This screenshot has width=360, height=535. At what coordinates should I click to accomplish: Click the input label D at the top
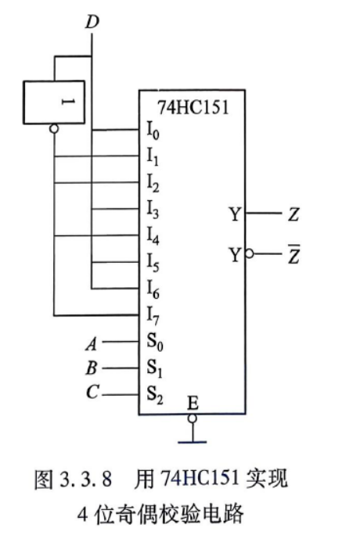click(92, 21)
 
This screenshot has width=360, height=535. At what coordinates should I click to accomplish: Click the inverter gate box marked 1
click(54, 102)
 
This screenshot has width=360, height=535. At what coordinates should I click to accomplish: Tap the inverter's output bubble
click(54, 128)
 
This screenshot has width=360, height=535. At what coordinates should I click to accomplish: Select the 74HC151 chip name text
click(193, 107)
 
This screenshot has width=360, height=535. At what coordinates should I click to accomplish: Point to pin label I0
click(153, 131)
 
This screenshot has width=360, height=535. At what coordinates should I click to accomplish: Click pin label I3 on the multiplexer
click(153, 209)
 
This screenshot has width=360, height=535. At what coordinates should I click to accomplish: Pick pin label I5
click(153, 262)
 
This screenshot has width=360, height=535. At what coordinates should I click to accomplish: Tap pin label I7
click(153, 315)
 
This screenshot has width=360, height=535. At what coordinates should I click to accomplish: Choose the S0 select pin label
click(155, 342)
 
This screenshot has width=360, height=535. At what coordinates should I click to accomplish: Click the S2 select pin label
click(155, 395)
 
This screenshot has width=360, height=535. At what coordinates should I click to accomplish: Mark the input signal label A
click(92, 343)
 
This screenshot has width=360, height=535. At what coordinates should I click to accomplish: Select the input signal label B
click(92, 368)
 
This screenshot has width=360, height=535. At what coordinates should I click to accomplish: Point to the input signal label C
click(92, 392)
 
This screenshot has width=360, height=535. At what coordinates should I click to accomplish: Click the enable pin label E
click(193, 403)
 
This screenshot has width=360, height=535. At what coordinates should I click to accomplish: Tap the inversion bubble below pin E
click(193, 418)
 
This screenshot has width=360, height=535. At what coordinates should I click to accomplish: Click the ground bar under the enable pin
click(192, 442)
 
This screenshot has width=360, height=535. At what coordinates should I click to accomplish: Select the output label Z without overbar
click(293, 214)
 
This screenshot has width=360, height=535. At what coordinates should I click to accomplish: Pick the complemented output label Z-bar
click(293, 254)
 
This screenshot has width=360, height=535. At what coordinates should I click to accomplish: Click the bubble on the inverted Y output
click(250, 254)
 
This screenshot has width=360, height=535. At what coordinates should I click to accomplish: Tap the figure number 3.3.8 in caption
click(86, 479)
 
